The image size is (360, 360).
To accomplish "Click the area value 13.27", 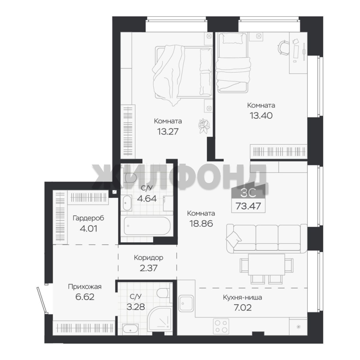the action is (168, 132).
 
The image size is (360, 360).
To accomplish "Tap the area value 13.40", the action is (261, 115).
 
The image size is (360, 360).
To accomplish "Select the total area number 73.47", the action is (248, 206).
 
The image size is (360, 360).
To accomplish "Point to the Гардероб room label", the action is (88, 218).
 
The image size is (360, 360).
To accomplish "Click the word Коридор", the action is (149, 258).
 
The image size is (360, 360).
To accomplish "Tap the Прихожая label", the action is (85, 287).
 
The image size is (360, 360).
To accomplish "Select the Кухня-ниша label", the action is (242, 298).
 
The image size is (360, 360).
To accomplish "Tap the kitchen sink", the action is (186, 303).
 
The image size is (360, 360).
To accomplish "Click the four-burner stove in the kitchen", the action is (221, 326).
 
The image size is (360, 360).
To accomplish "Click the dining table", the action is (266, 264).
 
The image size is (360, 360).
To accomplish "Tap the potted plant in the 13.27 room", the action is (204, 126).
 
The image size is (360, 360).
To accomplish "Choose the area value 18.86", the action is (201, 223).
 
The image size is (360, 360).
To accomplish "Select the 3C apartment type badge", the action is (248, 193).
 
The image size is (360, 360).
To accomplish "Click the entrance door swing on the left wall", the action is (42, 300).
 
